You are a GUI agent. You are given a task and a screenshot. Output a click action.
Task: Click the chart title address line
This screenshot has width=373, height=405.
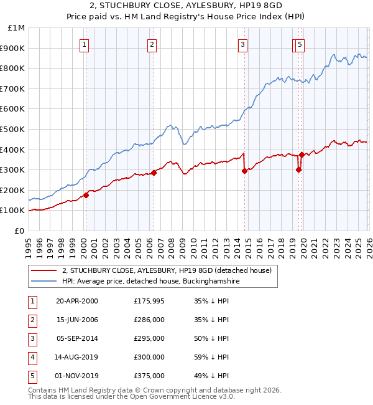[186, 6]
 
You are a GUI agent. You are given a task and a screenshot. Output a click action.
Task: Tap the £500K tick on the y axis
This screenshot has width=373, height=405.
[13, 129]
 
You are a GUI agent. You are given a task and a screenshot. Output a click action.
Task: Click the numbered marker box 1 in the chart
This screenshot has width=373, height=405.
[84, 44]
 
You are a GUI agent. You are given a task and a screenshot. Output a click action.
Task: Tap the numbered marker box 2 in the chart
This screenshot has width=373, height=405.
[152, 44]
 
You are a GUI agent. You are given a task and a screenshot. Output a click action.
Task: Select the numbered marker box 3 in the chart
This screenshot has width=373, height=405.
[242, 44]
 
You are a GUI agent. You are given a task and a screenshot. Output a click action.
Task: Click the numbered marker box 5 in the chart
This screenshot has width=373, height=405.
[300, 44]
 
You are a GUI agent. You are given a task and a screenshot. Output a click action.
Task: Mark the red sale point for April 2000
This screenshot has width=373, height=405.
[86, 195]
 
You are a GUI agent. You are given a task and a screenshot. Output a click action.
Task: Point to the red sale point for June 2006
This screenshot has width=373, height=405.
[154, 173]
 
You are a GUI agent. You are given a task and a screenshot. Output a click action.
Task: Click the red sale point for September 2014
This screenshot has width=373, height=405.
[244, 171]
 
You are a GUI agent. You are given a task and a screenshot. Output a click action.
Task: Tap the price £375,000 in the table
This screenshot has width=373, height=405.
[149, 376]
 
